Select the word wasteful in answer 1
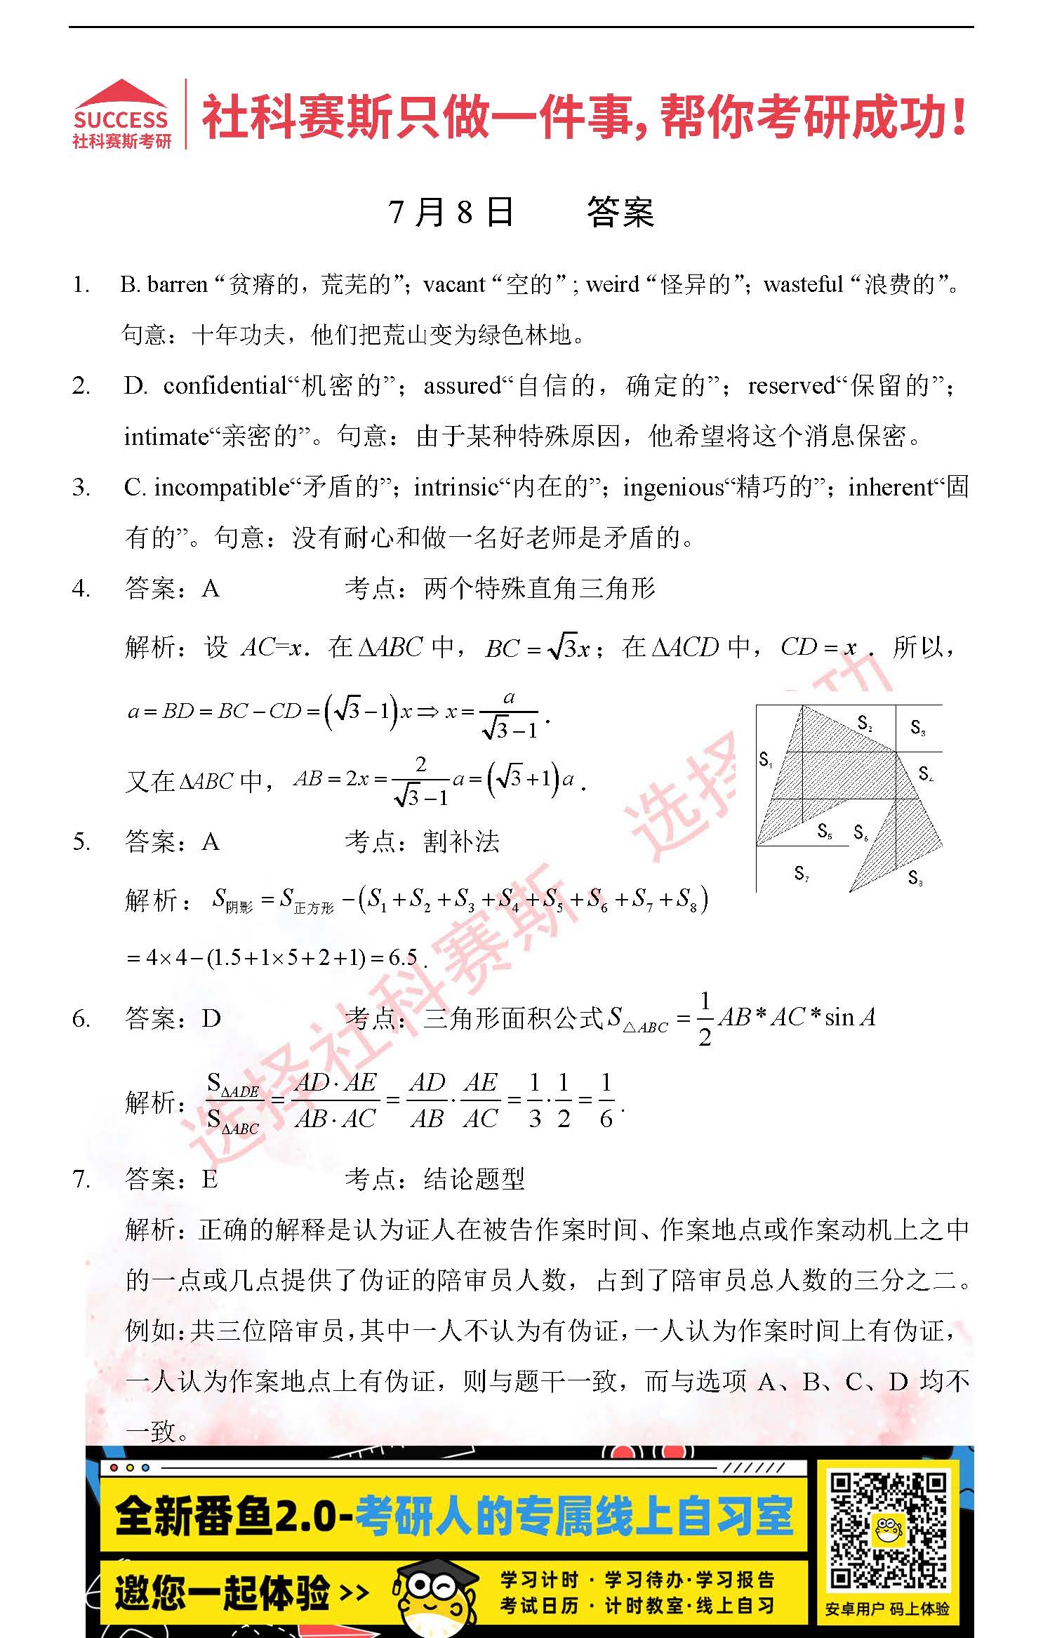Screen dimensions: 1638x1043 [803, 284]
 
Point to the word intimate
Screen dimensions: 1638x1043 [166, 437]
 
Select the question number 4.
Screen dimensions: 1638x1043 [81, 588]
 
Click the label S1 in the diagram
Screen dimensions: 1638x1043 [766, 759]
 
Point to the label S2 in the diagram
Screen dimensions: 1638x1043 [865, 723]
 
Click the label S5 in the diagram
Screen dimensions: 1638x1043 [825, 832]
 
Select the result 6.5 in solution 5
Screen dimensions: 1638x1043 [403, 957]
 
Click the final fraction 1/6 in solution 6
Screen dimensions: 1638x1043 [606, 1100]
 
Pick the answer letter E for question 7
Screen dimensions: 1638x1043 [210, 1179]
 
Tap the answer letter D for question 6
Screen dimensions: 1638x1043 [211, 1018]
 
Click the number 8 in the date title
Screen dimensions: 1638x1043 [464, 213]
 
